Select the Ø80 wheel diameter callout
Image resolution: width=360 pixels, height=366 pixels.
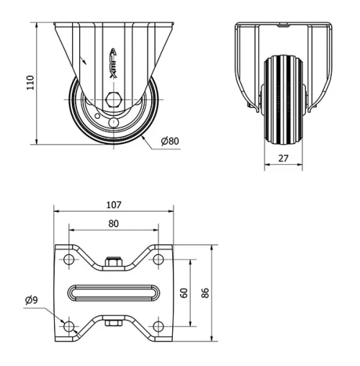coord(170,140)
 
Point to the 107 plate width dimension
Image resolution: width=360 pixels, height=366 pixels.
coord(114,205)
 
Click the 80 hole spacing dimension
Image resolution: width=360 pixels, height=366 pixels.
coord(114,223)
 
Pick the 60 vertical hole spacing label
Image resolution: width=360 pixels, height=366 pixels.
coord(184,293)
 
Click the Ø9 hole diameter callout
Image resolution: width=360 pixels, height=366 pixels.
coord(31,300)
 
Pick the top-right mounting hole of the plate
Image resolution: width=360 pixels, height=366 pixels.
coord(158,259)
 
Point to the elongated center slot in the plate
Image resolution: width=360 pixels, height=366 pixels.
coord(114,293)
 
